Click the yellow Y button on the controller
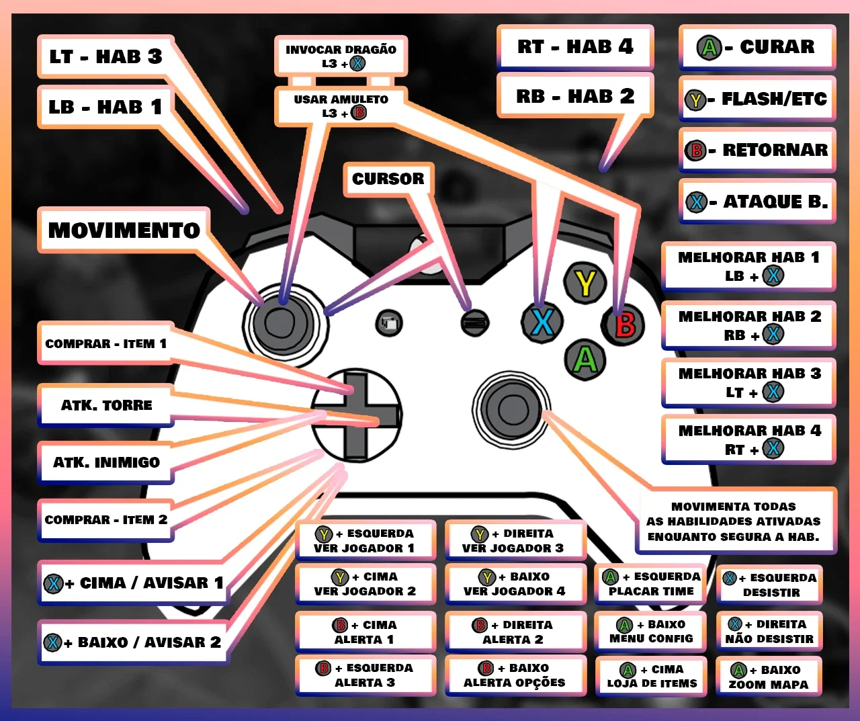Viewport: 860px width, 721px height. click(585, 283)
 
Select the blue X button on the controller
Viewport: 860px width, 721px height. click(542, 322)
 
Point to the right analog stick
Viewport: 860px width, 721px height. click(511, 410)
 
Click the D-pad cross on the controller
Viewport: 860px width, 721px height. click(357, 415)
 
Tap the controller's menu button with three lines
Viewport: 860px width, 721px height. click(475, 323)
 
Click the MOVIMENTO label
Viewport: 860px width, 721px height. click(124, 230)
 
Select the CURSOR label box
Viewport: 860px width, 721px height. click(388, 179)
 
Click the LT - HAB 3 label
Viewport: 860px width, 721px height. click(106, 56)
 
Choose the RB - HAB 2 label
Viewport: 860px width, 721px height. click(575, 96)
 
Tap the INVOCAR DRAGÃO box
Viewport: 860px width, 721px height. click(341, 56)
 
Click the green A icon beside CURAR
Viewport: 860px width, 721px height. click(709, 48)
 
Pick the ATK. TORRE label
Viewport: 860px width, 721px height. click(106, 405)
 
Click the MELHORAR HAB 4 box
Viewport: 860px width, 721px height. click(749, 439)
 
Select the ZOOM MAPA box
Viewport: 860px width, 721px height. click(769, 677)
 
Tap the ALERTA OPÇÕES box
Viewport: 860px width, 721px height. click(515, 675)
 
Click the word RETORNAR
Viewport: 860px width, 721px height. click(775, 150)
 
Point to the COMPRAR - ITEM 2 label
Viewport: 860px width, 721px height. click(106, 520)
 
